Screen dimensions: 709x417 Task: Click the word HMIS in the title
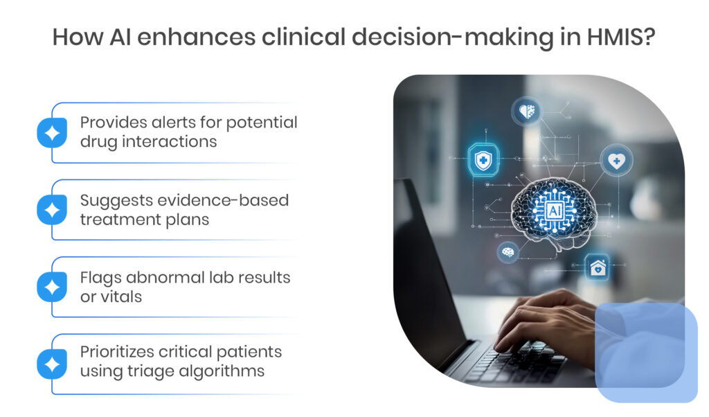(621, 37)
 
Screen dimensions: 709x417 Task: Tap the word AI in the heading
(120, 37)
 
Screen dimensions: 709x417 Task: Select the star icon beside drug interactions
(52, 132)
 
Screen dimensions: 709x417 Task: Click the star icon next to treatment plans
(52, 210)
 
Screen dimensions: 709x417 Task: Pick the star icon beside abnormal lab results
(52, 287)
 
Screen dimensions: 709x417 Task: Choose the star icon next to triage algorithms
(52, 364)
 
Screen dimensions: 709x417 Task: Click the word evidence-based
(223, 200)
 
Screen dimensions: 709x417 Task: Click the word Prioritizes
(118, 351)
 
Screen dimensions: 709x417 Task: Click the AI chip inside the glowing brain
(555, 211)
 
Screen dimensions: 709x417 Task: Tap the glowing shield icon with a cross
(483, 159)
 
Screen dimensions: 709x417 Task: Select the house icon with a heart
(598, 268)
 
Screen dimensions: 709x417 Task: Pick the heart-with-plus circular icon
(616, 161)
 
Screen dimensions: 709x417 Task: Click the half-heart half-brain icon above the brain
(527, 111)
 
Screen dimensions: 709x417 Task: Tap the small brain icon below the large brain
(508, 251)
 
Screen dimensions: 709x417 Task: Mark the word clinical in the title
(303, 37)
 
